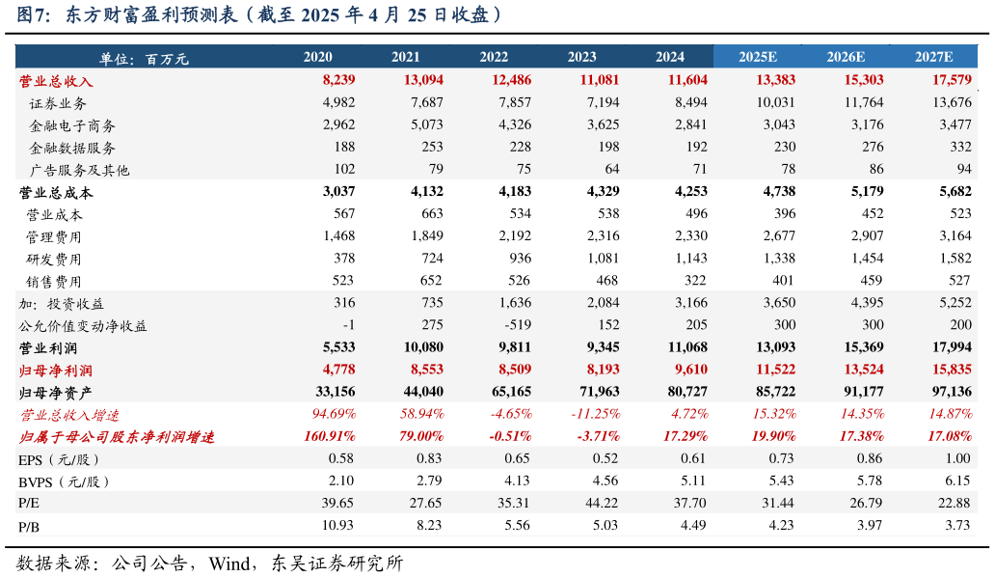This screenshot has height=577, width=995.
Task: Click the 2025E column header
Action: point(758,57)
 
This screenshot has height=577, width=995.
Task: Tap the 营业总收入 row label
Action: point(56,81)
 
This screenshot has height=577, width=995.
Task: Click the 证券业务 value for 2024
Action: point(690,103)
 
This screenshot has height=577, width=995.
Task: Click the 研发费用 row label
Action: point(54,259)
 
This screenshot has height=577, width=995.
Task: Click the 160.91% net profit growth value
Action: point(329,436)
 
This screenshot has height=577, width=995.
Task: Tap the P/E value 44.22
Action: point(602,503)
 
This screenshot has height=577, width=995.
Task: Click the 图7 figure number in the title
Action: point(35,15)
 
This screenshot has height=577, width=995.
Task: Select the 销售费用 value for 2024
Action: point(694,281)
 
